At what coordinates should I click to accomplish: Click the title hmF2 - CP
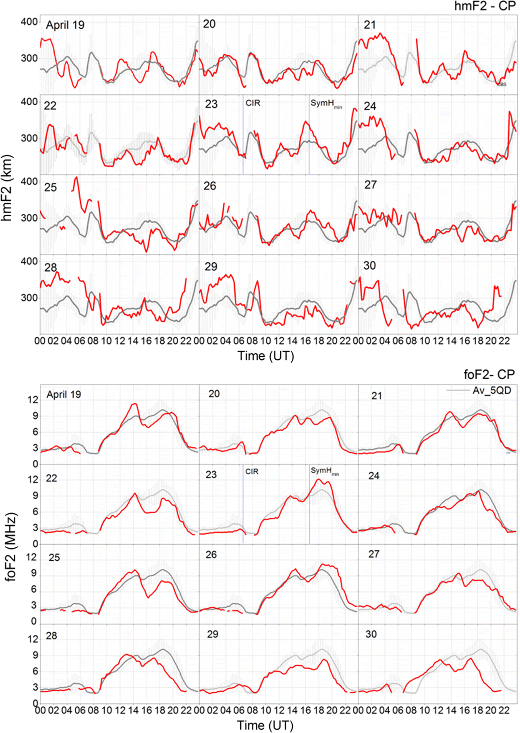pos(485,6)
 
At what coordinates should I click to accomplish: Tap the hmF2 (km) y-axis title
pos(7,188)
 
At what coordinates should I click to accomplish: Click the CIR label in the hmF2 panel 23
pos(253,103)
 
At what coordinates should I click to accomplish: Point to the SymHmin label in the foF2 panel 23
pos(324,471)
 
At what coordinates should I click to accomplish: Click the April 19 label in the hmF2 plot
pos(65,25)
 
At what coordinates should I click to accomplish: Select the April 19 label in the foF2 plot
pos(64,395)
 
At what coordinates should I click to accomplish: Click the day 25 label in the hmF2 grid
pos(50,188)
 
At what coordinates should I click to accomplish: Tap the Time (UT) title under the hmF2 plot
pos(265,356)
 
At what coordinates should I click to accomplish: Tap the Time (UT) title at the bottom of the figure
pos(265,725)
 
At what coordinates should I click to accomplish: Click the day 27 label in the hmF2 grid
pos(370,185)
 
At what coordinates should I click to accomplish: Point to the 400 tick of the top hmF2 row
pos(29,22)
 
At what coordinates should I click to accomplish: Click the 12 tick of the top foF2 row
pos(33,400)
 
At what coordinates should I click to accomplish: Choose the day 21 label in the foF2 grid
pos(377,396)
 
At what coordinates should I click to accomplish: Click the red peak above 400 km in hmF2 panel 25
pos(76,178)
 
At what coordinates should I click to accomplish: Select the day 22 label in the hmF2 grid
pos(50,106)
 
